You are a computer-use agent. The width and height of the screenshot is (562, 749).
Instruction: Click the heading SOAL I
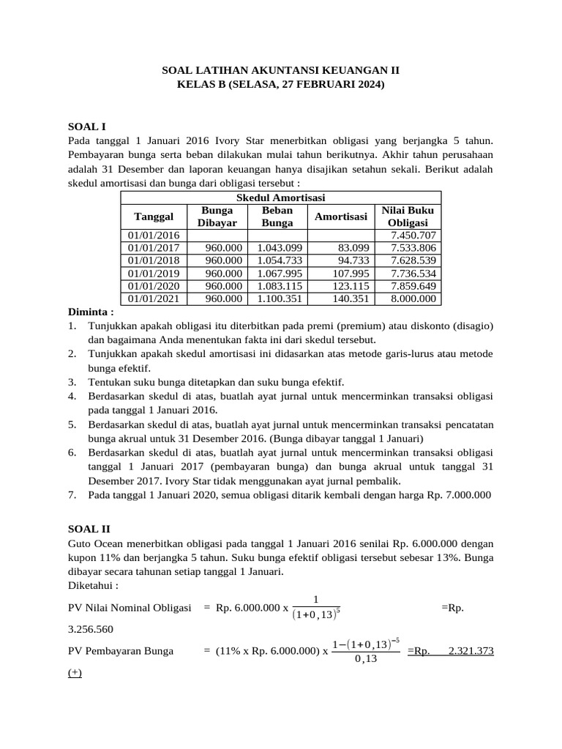click(x=87, y=127)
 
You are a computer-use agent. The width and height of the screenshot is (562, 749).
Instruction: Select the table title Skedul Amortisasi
click(x=281, y=198)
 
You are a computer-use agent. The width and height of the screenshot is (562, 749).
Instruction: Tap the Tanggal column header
click(x=154, y=217)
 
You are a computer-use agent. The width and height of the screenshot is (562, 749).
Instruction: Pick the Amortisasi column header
click(x=340, y=217)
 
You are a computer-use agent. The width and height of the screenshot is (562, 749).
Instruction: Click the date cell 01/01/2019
click(x=154, y=273)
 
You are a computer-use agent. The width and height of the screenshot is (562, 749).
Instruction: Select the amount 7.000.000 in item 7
click(x=466, y=495)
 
